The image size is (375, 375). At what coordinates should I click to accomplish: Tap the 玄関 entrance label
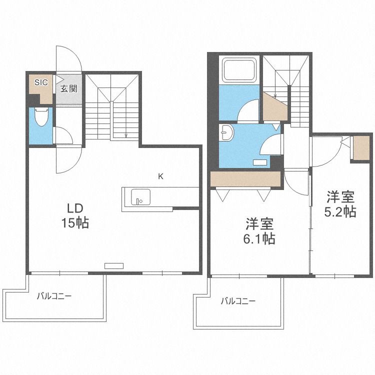point(68,89)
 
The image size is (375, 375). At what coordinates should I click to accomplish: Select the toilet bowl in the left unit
point(41,117)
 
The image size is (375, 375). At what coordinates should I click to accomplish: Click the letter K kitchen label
point(160,176)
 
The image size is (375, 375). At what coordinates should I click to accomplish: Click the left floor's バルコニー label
point(54,296)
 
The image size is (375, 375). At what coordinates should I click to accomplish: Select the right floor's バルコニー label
point(238,301)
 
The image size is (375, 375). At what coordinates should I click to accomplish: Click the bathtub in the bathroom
point(239,70)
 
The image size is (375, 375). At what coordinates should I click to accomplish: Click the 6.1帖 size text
point(258,239)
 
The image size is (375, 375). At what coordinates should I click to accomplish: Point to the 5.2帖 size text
point(340,211)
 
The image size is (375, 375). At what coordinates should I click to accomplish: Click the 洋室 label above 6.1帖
point(259,223)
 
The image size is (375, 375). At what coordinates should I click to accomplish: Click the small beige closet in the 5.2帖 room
point(360,148)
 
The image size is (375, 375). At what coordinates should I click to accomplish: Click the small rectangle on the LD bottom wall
point(113,266)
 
